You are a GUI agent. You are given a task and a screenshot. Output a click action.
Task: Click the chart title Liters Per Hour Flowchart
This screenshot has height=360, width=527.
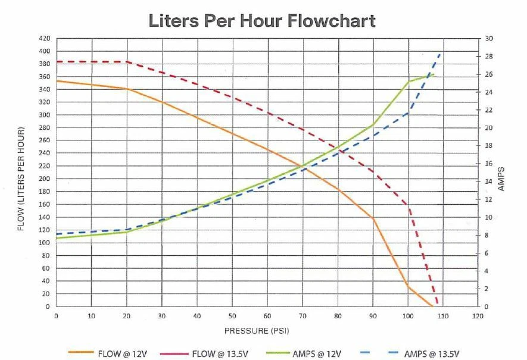coord(262,21)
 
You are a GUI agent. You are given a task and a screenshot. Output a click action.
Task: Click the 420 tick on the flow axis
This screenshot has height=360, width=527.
coord(45,38)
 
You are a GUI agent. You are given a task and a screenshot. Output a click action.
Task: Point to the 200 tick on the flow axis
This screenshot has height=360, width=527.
coord(45,179)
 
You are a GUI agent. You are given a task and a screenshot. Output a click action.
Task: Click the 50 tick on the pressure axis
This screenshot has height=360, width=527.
coord(232,316)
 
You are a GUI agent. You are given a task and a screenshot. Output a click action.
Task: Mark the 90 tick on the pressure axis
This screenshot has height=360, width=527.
coord(373,316)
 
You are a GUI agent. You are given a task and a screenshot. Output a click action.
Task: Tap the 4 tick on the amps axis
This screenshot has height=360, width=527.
coord(489,271)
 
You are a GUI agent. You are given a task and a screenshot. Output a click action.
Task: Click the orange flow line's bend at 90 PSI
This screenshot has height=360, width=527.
coord(373,218)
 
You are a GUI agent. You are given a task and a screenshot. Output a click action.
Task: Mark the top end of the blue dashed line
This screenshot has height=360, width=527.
coord(441,52)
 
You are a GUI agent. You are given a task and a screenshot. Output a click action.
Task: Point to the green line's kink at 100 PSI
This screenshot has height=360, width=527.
coord(408,82)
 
